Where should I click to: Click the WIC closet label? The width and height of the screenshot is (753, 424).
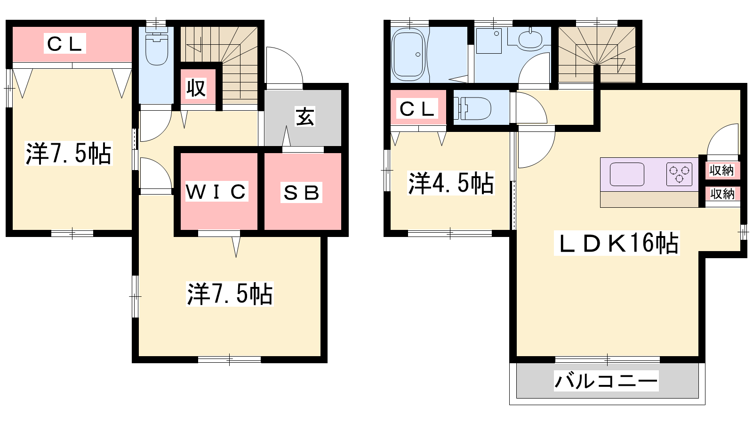click(x=216, y=191)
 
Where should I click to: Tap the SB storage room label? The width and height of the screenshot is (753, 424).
click(x=301, y=192)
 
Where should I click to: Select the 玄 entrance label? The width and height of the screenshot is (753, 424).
click(x=304, y=117)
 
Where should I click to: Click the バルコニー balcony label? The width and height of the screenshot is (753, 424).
click(x=606, y=381)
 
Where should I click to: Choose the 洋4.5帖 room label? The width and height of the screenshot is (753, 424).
click(x=451, y=183)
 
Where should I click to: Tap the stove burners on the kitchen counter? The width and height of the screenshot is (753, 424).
click(x=679, y=174)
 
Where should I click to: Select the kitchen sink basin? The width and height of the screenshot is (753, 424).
click(x=627, y=174)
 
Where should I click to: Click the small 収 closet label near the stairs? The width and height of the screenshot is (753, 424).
click(x=196, y=88)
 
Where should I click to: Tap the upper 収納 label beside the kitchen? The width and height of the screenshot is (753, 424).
click(x=721, y=170)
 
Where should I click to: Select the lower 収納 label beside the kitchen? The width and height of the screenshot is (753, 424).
click(x=722, y=194)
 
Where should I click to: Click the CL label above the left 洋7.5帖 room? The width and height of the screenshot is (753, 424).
click(x=65, y=44)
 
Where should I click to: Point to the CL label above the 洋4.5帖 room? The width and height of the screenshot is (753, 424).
click(x=417, y=109)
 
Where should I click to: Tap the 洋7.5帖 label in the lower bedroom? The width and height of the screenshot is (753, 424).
click(x=230, y=294)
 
